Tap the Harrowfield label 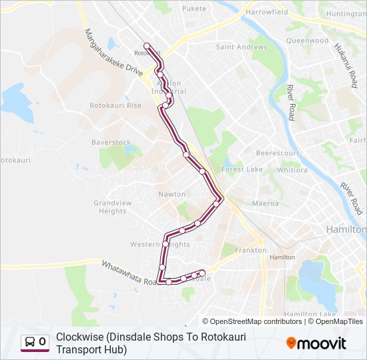click(266, 12)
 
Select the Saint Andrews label click(232, 47)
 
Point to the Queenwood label click(308, 40)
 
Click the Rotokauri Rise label click(115, 105)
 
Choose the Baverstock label click(111, 143)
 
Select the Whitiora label click(292, 170)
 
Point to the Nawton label click(172, 194)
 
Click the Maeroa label click(265, 203)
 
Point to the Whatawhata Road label click(127, 272)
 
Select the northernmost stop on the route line click(147, 46)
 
